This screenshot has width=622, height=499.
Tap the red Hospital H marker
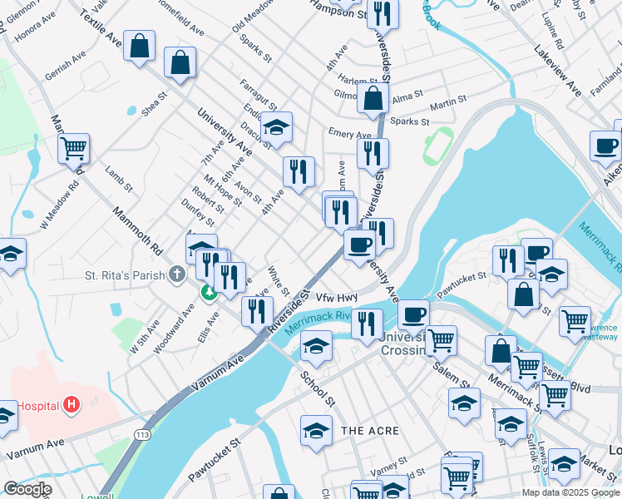coord(72,406)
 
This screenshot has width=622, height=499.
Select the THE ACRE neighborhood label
coord(370,431)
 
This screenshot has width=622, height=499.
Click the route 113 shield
coord(143,434)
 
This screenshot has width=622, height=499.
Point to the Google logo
coord(27,489)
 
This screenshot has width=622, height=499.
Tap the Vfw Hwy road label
coord(336,296)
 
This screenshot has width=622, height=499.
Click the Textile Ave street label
coord(101,29)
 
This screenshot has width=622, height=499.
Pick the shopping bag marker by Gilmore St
coord(373,97)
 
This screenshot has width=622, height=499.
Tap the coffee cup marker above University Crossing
coord(413,315)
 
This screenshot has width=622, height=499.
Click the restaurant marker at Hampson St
coord(383,13)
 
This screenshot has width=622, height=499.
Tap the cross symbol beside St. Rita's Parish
coord(176,274)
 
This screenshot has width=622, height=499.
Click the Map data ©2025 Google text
coord(570,492)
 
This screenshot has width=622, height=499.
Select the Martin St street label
coord(447,106)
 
